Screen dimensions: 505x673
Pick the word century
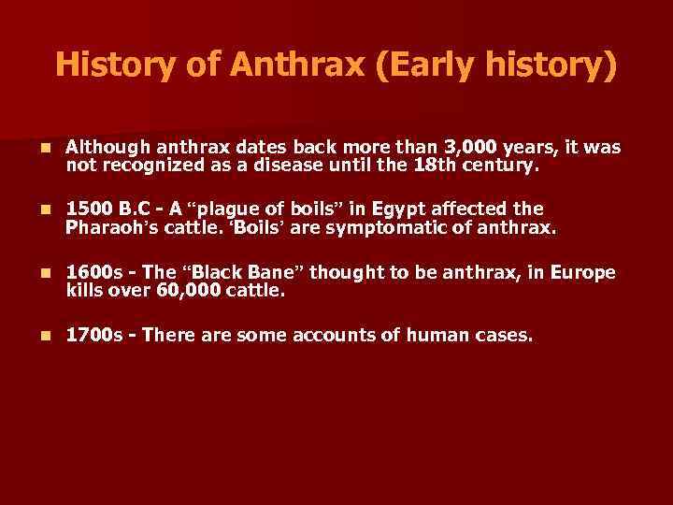click(x=498, y=167)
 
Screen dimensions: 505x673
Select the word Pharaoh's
click(x=116, y=226)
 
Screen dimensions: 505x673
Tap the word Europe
click(x=583, y=272)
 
